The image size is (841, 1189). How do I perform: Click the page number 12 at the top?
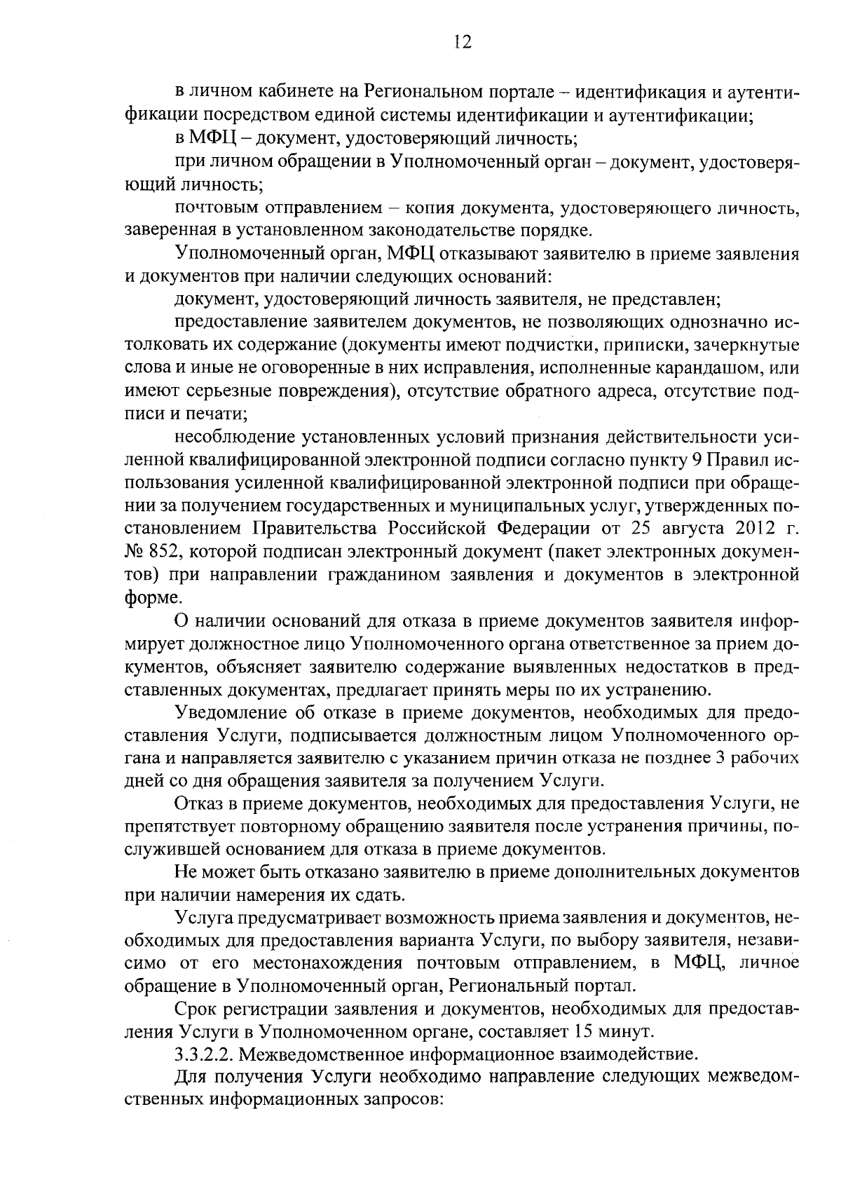coord(462,42)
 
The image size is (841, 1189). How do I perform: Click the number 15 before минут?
coord(584,1031)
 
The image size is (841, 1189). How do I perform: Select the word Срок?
coord(198,1009)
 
